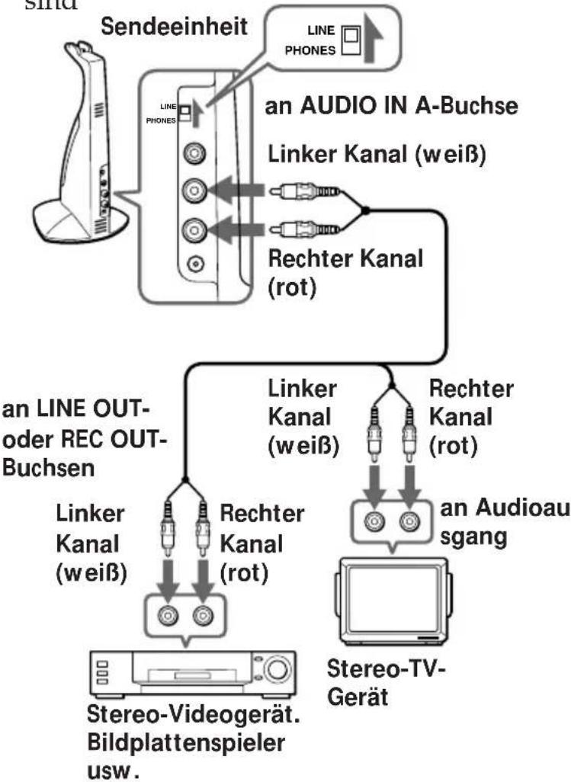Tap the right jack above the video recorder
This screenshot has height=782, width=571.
click(x=204, y=614)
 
